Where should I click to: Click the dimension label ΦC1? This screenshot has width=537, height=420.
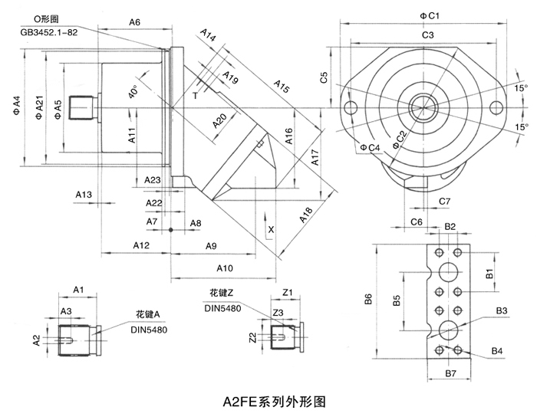pos(428,15)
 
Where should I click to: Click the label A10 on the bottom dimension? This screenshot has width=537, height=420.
pos(224,267)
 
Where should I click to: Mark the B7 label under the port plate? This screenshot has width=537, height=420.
pos(450,372)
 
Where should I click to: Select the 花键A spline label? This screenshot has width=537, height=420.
pos(147,314)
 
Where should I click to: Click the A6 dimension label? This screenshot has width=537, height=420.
pos(134,22)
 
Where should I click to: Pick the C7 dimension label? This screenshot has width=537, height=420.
pos(445,201)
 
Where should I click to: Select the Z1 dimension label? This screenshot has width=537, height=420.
pos(288,292)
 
